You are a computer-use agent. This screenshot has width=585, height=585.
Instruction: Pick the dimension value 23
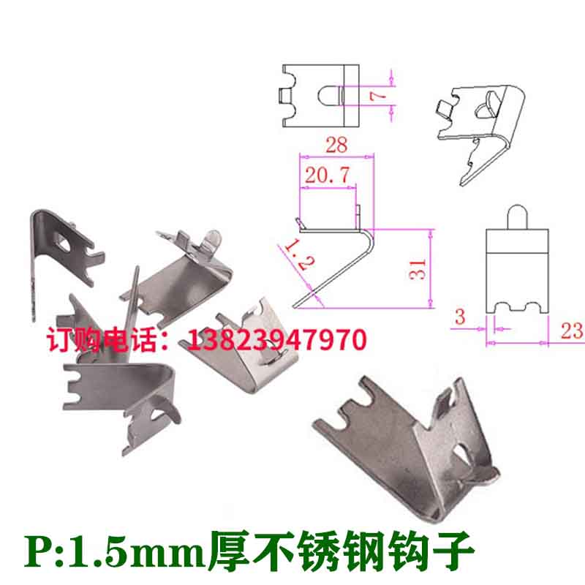point(570,330)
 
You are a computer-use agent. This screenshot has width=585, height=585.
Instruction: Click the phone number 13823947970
point(278,339)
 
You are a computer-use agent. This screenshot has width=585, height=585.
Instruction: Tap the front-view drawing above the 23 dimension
point(517,271)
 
